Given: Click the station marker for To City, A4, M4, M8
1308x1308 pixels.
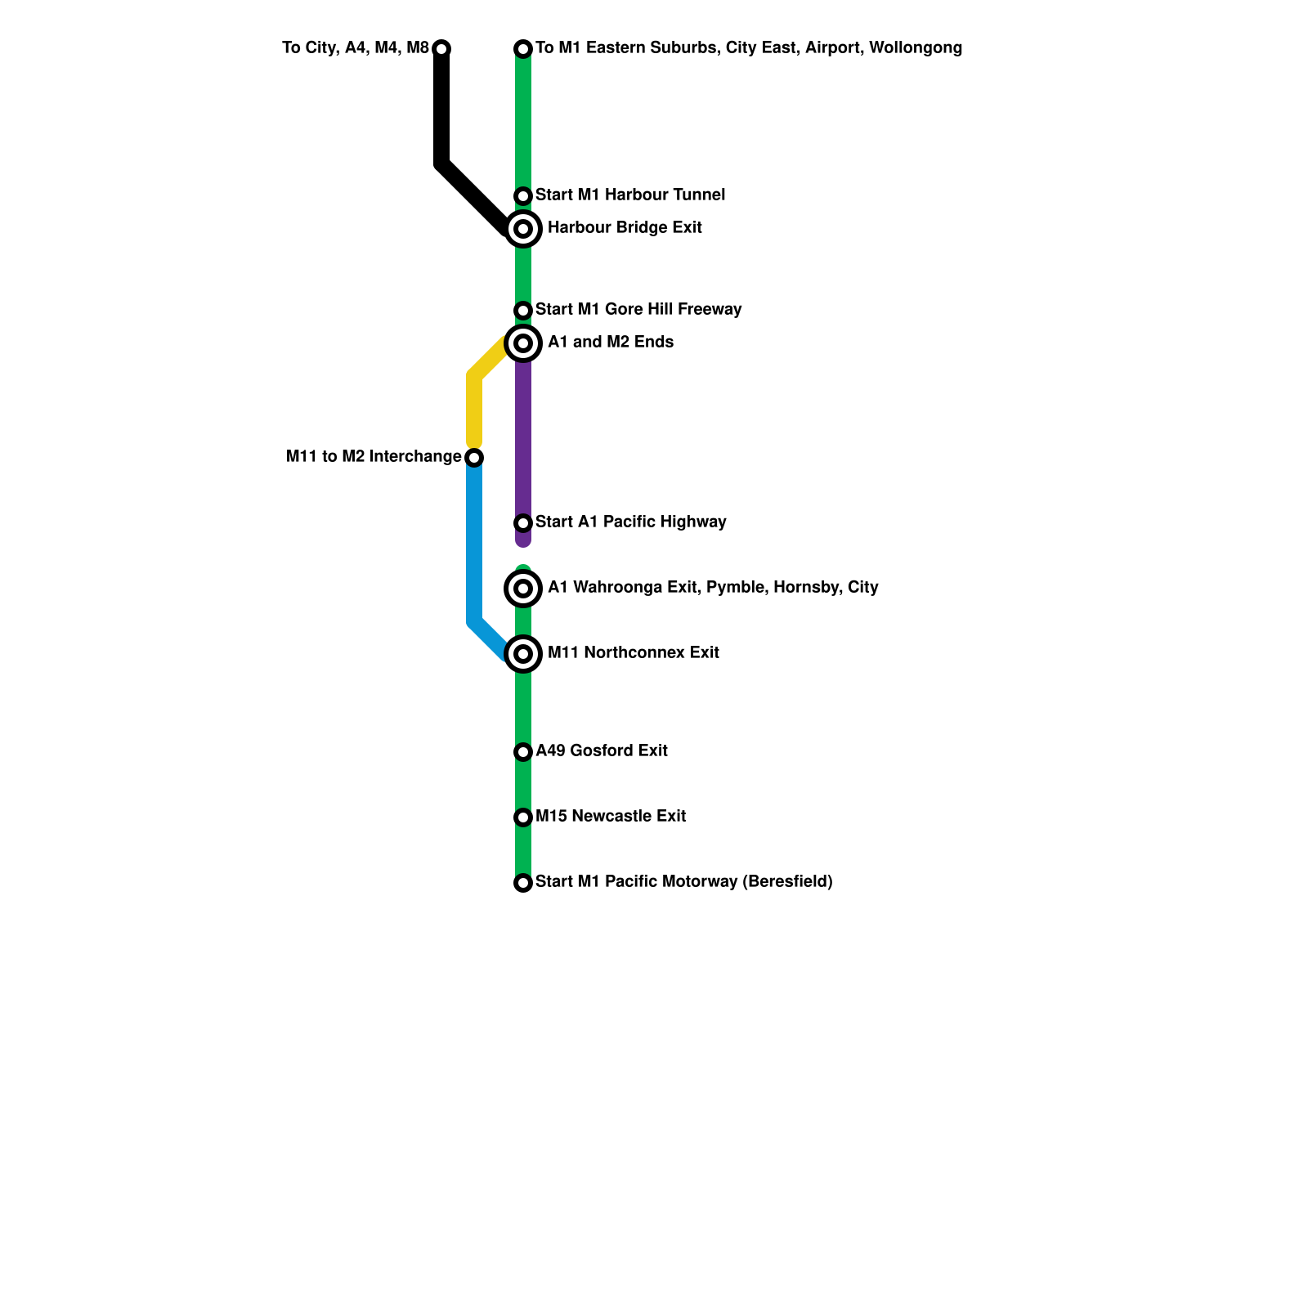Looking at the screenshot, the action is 441,49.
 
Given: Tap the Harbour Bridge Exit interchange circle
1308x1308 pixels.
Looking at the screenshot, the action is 523,229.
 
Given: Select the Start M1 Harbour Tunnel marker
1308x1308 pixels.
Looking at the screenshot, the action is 523,196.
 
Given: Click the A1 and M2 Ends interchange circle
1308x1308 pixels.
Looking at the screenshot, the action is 523,343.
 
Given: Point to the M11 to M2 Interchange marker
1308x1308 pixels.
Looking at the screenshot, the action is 474,458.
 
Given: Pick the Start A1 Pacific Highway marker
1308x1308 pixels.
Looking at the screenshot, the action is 523,523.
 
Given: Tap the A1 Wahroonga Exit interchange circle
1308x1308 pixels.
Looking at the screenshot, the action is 523,589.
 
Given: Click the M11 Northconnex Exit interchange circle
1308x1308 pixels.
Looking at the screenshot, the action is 523,654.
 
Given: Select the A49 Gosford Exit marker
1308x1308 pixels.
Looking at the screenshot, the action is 523,752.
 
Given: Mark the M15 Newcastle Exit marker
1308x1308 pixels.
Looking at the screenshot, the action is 523,817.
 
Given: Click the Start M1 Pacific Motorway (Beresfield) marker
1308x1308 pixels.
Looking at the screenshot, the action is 523,883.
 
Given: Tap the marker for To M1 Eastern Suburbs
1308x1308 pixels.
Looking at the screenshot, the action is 523,49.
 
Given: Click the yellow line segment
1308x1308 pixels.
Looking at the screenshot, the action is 474,409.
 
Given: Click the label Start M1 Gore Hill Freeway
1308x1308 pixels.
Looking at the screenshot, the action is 638,310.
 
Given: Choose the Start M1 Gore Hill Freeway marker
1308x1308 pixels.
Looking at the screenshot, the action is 523,311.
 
